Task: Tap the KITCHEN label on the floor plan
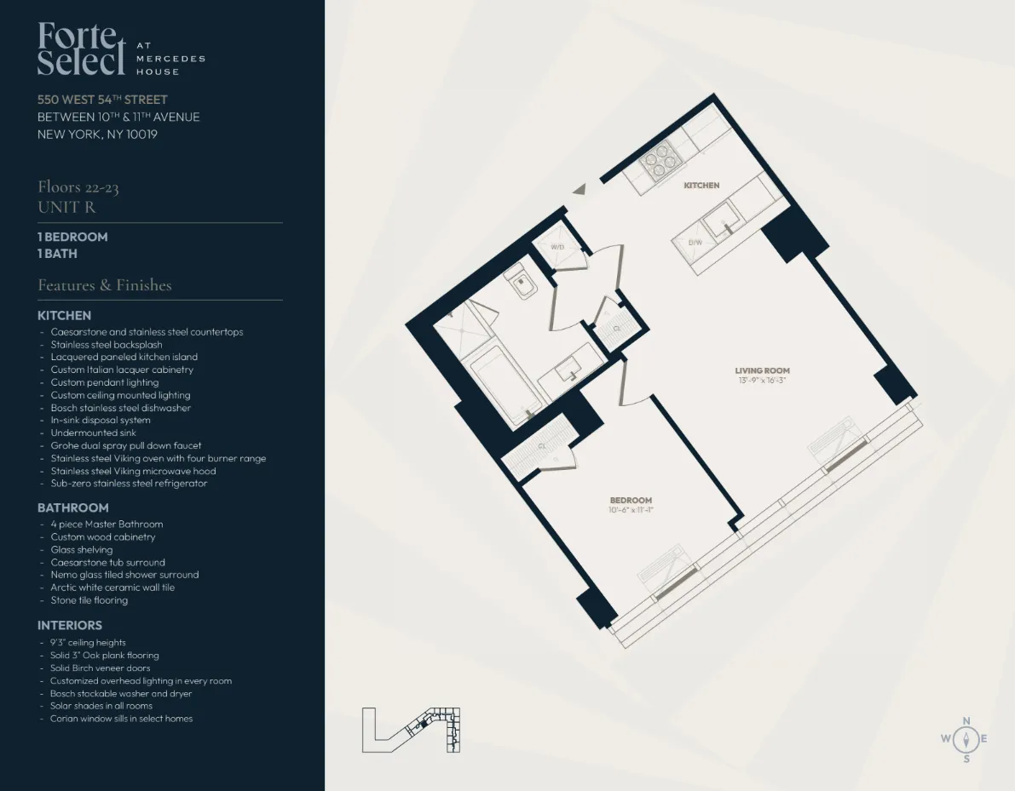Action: (701, 186)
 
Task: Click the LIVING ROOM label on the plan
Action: (762, 370)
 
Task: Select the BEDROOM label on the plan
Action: (631, 500)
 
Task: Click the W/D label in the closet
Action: (558, 247)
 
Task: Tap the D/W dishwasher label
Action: (695, 243)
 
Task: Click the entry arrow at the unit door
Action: (580, 190)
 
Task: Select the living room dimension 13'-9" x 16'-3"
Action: (762, 381)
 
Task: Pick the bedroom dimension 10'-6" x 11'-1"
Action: (631, 510)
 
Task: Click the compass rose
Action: (966, 739)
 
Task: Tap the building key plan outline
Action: (411, 730)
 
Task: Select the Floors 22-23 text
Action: (78, 187)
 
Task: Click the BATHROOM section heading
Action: (72, 507)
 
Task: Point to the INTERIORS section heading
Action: (69, 626)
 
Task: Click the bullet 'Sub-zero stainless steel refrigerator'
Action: (129, 484)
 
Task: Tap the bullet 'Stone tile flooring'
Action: (89, 600)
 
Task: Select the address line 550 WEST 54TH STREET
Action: (102, 100)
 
